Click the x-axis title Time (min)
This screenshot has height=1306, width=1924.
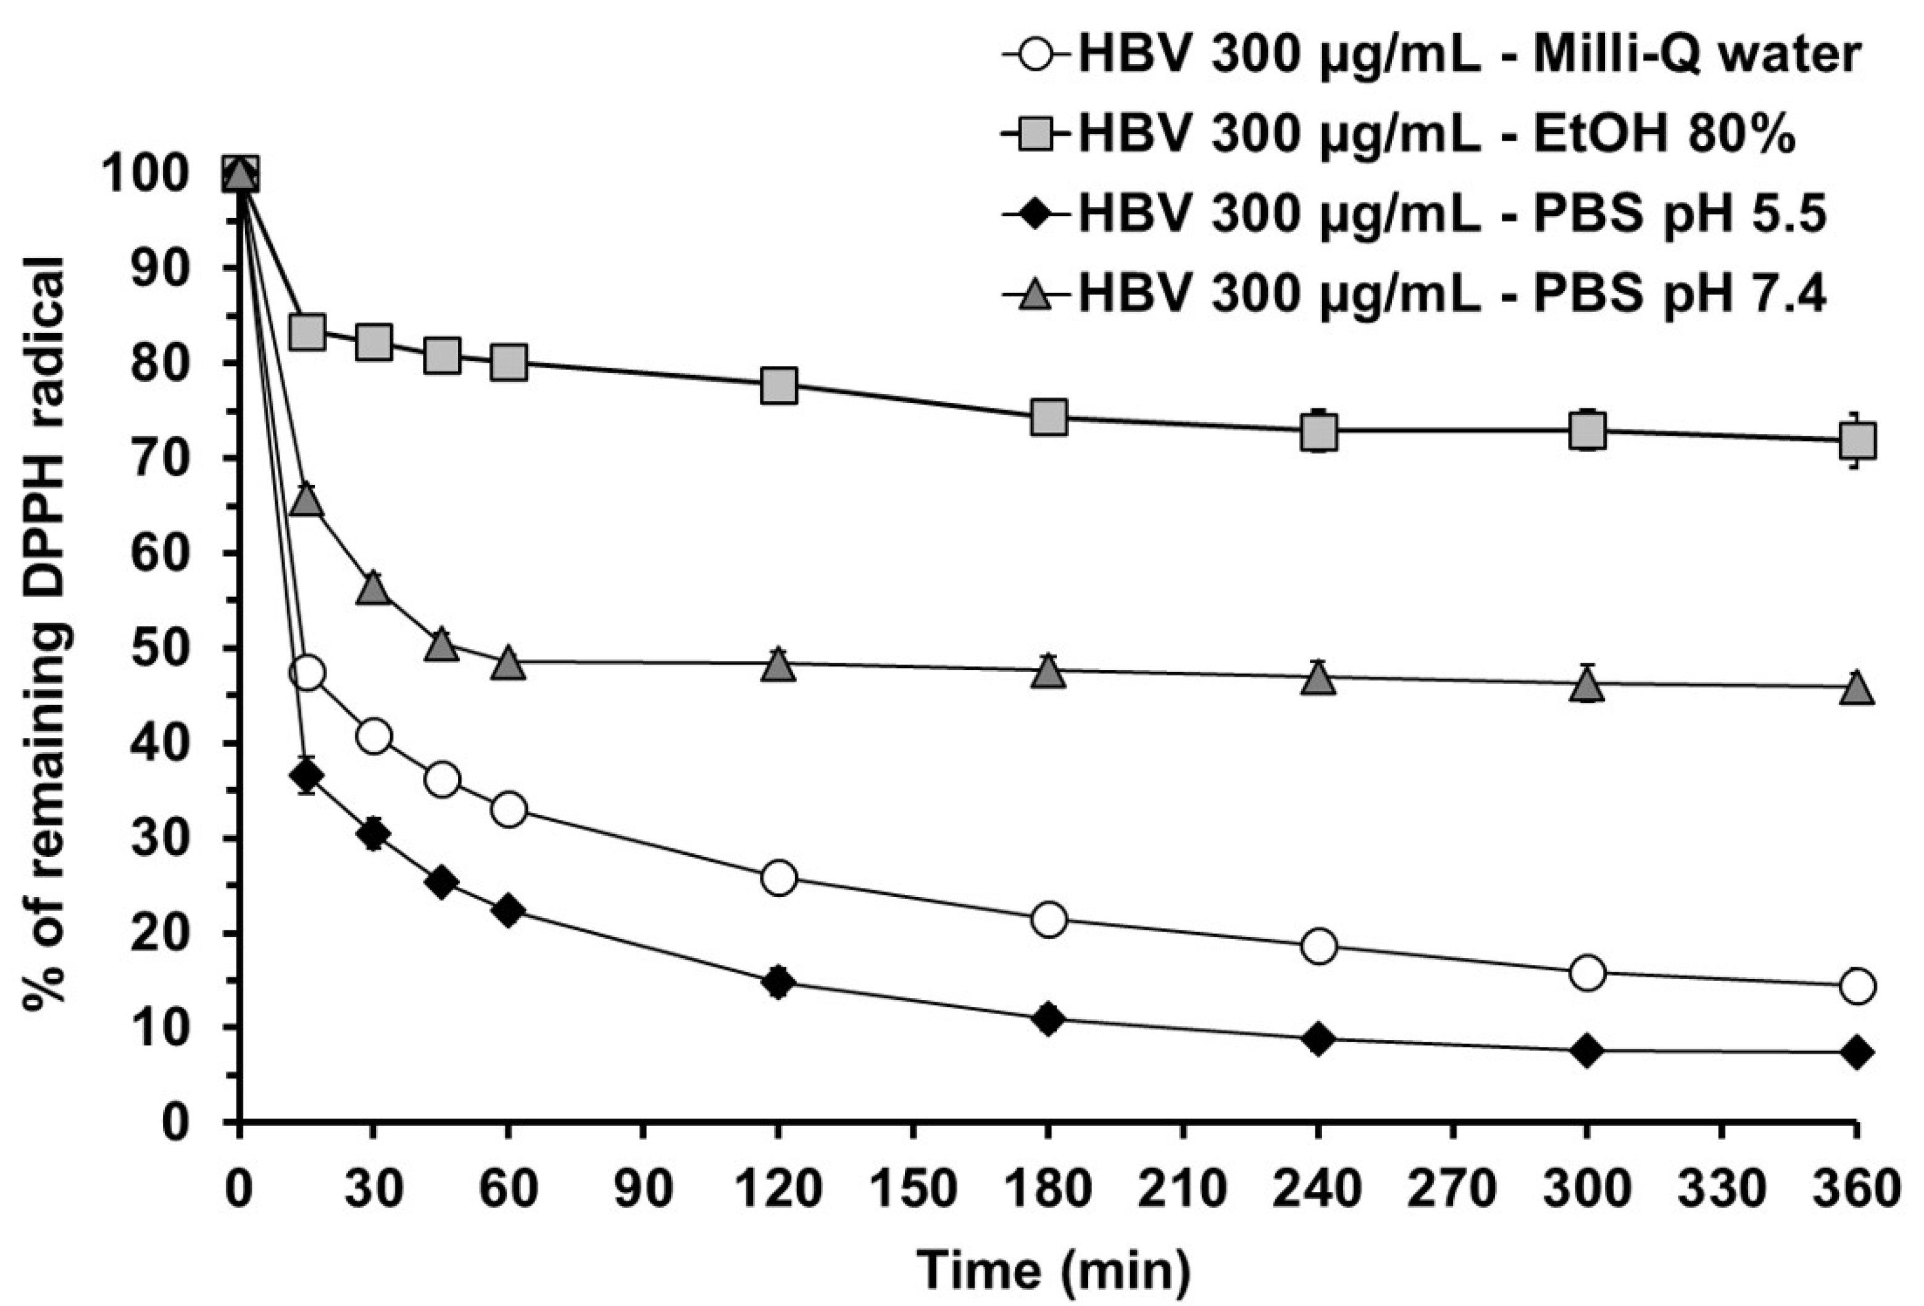pos(1053,1270)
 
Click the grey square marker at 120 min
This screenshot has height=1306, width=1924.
pos(778,385)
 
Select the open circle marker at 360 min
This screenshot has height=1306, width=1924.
pos(1856,986)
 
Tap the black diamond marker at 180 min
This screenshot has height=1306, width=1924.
pos(1047,1019)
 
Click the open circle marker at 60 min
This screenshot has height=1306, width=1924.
pos(509,809)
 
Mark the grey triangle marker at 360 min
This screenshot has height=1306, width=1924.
pos(1856,688)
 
